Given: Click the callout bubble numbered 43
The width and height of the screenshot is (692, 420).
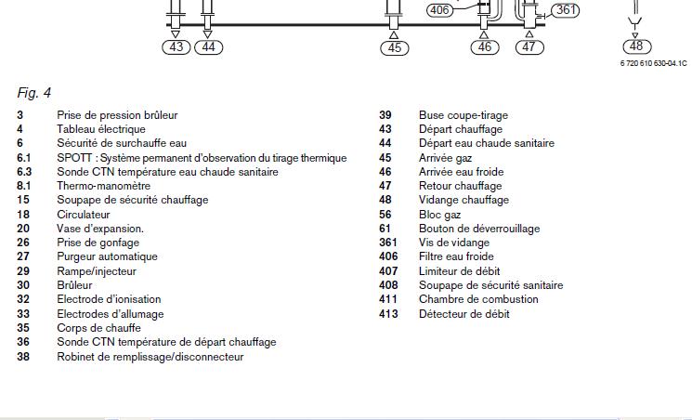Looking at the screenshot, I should [x=177, y=46].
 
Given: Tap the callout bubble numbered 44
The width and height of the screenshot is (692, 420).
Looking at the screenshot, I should [x=208, y=46].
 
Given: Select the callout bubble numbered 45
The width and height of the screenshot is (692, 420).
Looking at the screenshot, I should [x=395, y=47].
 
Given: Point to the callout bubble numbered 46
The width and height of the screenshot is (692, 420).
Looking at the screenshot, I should [x=485, y=46].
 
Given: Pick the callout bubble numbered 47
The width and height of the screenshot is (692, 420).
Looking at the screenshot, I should [x=529, y=46].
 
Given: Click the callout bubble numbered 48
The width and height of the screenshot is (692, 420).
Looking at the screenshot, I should [x=635, y=46].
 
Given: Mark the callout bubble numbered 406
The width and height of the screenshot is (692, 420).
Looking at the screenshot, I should [x=438, y=10].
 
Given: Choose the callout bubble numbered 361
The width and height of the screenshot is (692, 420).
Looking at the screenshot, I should [x=565, y=10].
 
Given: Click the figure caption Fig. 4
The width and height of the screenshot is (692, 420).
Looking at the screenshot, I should [x=33, y=92].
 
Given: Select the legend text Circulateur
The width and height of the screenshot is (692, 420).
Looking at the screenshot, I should [x=83, y=215].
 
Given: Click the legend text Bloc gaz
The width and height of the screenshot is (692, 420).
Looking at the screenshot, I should [x=439, y=215].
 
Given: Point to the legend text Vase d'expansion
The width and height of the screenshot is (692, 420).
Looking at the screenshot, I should [x=100, y=229].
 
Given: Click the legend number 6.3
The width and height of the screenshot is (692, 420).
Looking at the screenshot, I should [x=24, y=172].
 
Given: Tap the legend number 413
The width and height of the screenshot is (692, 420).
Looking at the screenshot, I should [x=388, y=314].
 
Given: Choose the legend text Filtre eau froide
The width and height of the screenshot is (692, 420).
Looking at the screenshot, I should [x=456, y=256].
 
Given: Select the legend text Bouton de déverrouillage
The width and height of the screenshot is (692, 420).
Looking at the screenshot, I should [x=479, y=229].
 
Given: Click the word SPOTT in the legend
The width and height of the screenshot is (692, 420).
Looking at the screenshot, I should [x=73, y=158].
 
